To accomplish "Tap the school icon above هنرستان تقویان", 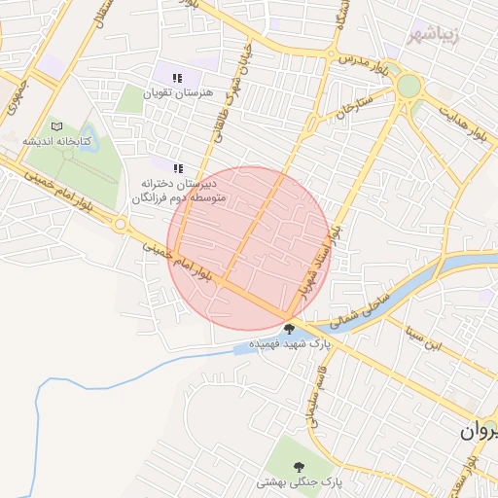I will click(176, 78).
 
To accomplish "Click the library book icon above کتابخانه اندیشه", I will click(55, 127).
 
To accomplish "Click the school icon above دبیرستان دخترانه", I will click(177, 168).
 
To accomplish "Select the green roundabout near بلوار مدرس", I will click(409, 87).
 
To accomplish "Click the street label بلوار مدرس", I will click(366, 65).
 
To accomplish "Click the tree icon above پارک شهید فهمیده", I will click(289, 329).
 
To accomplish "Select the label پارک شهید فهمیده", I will click(290, 344).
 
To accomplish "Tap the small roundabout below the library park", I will click(121, 225).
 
